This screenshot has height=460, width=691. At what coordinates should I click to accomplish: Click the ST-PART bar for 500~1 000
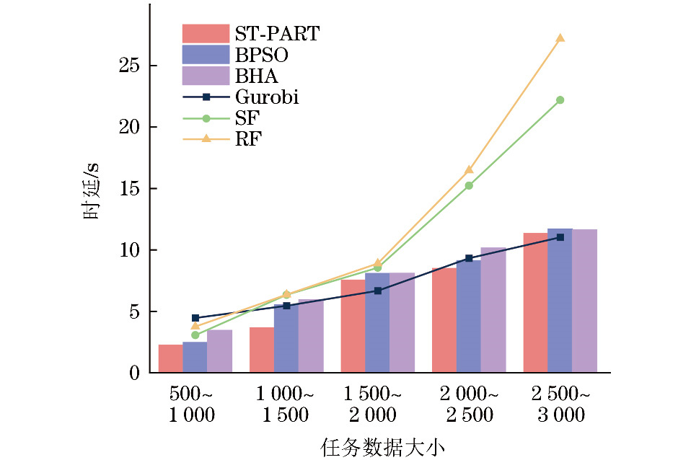pos(170,358)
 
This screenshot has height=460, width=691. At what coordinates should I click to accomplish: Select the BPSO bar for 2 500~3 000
pos(560,301)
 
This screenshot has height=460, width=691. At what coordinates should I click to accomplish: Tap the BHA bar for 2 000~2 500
pos(493,310)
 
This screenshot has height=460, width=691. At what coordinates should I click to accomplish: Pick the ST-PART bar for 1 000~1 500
pos(262,350)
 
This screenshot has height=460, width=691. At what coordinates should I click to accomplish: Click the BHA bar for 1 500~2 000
pos(402,322)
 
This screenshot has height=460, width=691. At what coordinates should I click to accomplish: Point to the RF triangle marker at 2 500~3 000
pos(560,37)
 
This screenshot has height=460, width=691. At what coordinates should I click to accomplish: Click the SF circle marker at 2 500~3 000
pos(560,100)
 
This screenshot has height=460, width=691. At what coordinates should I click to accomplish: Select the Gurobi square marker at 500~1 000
pos(195,318)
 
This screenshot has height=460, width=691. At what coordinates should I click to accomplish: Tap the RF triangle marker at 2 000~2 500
pos(469,169)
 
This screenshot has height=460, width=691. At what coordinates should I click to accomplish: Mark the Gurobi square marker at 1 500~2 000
pos(377,291)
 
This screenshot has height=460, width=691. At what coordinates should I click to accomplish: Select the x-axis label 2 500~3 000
pos(560,404)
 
